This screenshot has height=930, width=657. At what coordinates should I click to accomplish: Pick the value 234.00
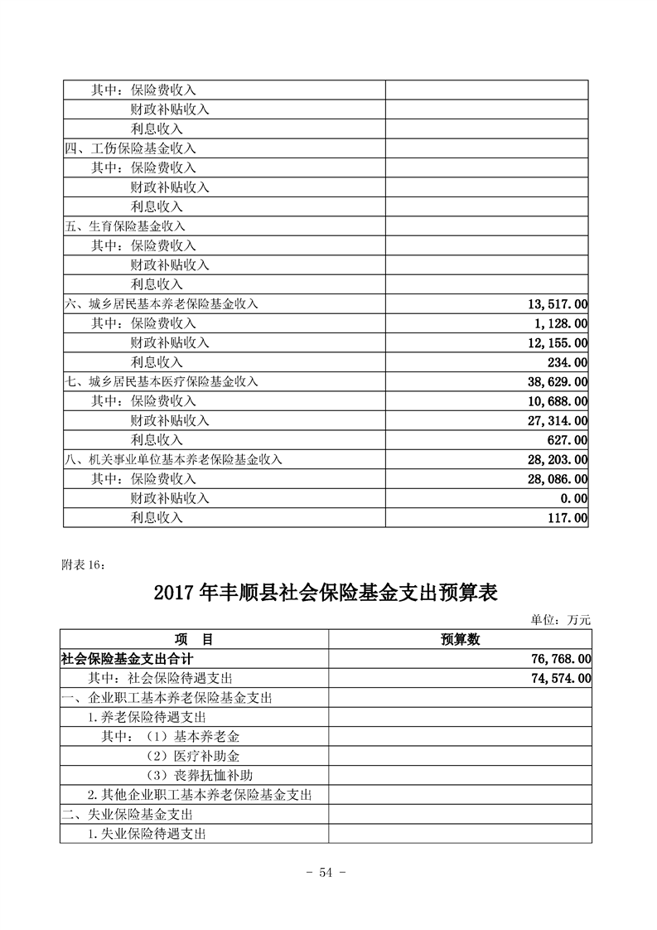coord(563,362)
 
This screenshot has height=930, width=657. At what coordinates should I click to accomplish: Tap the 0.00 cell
coord(573,498)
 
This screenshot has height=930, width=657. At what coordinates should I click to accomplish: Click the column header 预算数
coord(460,639)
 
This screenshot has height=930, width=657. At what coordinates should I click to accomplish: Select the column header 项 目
coord(194,639)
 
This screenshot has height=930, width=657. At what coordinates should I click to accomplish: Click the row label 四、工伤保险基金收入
coord(130,148)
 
